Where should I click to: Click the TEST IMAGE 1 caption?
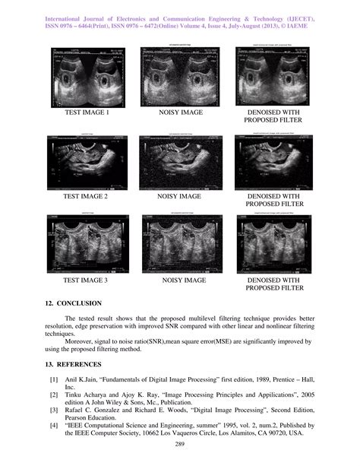point(86,112)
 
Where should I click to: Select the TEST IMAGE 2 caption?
point(86,196)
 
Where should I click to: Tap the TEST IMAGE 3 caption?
point(86,281)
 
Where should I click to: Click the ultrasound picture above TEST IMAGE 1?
point(86,76)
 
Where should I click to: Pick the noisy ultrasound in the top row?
point(179,76)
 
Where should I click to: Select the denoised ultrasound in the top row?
point(273,76)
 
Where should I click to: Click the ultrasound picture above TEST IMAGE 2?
point(86,160)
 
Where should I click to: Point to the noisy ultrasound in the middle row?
point(179,160)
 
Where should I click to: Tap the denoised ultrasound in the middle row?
point(273,160)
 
